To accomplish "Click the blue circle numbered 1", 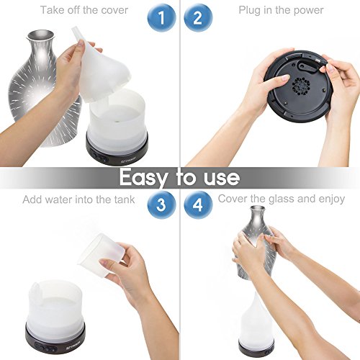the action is (x=161, y=18).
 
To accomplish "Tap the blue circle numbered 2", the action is (x=198, y=18).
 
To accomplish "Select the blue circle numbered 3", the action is (x=161, y=204).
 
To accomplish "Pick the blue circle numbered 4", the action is (x=198, y=204).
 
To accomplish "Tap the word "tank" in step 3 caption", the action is (x=124, y=199).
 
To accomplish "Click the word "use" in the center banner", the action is (x=222, y=178).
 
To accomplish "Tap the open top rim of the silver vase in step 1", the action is (x=40, y=35).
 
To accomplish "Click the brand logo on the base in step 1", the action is (x=128, y=160).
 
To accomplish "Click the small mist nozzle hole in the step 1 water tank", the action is (x=117, y=121).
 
